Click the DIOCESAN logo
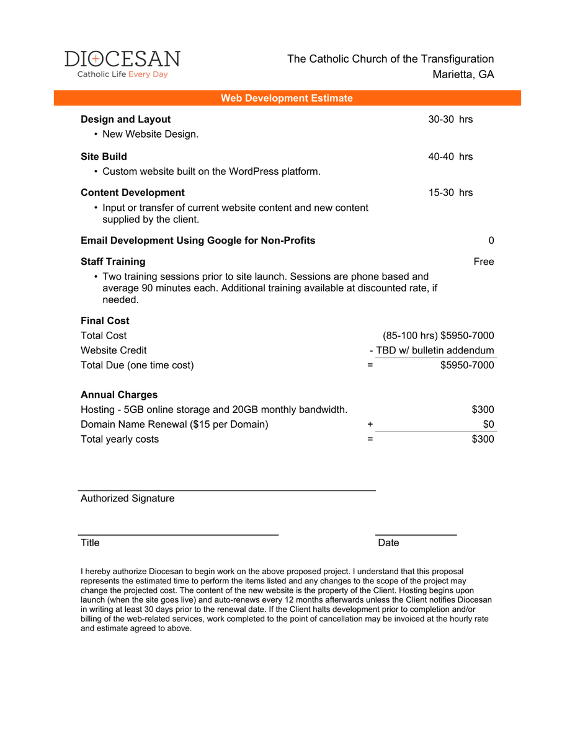point(122,64)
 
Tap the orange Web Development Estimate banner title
point(287,98)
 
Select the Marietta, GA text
point(463,74)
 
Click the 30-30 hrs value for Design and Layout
point(450,119)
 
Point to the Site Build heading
point(104,156)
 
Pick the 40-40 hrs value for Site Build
point(450,156)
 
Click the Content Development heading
point(133,192)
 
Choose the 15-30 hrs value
point(450,192)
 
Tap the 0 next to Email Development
point(491,241)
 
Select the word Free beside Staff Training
point(483,262)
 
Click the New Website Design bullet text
point(150,134)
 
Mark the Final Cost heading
point(105,321)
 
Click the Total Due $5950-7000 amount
point(467,365)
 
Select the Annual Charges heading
point(119,394)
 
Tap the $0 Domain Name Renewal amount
point(488,425)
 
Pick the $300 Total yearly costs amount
point(483,440)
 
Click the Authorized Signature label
point(127,498)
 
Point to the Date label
point(388,542)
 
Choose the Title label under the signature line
point(90,542)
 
